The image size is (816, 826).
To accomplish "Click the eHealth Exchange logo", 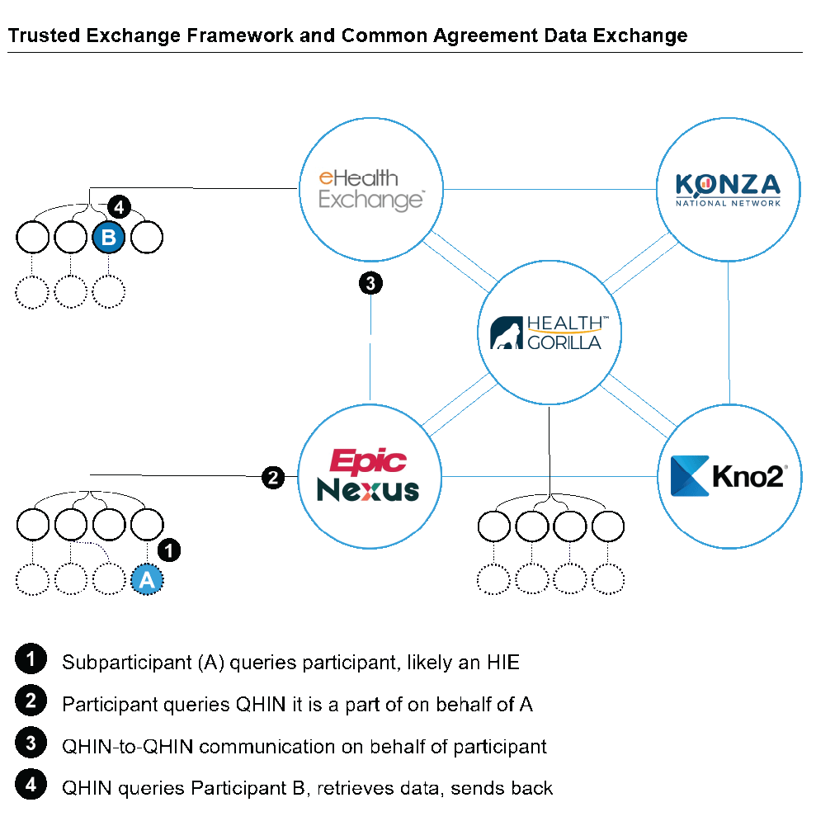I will (x=370, y=189).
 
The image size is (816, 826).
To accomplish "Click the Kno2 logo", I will (x=729, y=476).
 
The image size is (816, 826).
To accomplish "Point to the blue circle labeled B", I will (x=108, y=238).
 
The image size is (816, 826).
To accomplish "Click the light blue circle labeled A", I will (x=147, y=580).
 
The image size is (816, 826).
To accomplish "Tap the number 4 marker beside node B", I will (x=119, y=206).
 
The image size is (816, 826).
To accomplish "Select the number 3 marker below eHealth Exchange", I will (x=370, y=284).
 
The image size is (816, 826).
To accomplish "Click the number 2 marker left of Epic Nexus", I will (x=273, y=477).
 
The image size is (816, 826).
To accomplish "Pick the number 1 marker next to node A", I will (x=168, y=550).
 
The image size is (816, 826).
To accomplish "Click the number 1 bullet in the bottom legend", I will (x=31, y=659).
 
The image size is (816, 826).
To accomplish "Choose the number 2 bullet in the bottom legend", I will (x=31, y=701).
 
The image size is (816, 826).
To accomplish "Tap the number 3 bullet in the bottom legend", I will (x=31, y=742).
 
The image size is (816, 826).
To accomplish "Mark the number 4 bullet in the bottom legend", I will (x=31, y=783).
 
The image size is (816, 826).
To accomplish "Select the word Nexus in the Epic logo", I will (x=368, y=491).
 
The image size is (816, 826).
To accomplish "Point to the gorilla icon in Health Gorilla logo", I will (x=505, y=334).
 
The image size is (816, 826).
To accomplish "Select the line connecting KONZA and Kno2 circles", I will (x=729, y=330).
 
